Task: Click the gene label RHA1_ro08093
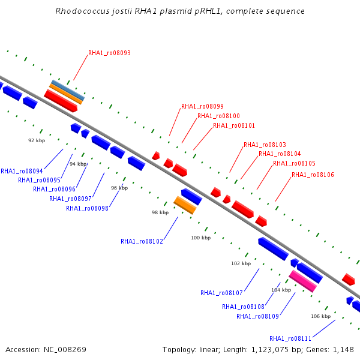(109, 53)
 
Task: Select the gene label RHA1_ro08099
(202, 106)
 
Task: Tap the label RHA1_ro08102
(142, 241)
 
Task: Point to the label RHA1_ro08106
(313, 175)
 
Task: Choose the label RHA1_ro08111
(290, 338)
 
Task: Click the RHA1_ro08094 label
(22, 171)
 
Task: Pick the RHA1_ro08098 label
(87, 208)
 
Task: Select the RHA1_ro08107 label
(221, 293)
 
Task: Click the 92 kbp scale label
(37, 140)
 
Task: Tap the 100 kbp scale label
(201, 238)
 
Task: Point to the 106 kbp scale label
(321, 316)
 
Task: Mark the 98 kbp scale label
(160, 212)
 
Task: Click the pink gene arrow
(303, 281)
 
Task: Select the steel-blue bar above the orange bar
(68, 90)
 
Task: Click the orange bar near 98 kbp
(185, 205)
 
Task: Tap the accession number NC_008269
(65, 350)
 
